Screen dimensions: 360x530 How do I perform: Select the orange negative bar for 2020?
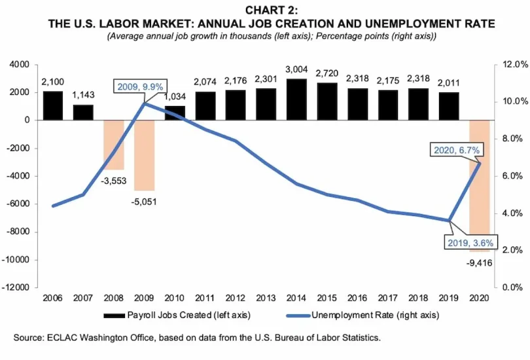point(479,203)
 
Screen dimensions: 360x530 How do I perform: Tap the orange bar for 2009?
point(144,155)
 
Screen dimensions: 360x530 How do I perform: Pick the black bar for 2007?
point(82,113)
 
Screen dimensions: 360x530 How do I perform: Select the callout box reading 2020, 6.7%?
point(457,150)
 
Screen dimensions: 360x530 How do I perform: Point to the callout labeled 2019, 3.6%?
point(453,242)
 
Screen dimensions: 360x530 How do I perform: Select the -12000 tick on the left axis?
point(19,287)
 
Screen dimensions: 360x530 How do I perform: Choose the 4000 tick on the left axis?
point(22,65)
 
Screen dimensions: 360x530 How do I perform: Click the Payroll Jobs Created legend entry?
point(177,315)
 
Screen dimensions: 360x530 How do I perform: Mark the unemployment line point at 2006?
point(52,206)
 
